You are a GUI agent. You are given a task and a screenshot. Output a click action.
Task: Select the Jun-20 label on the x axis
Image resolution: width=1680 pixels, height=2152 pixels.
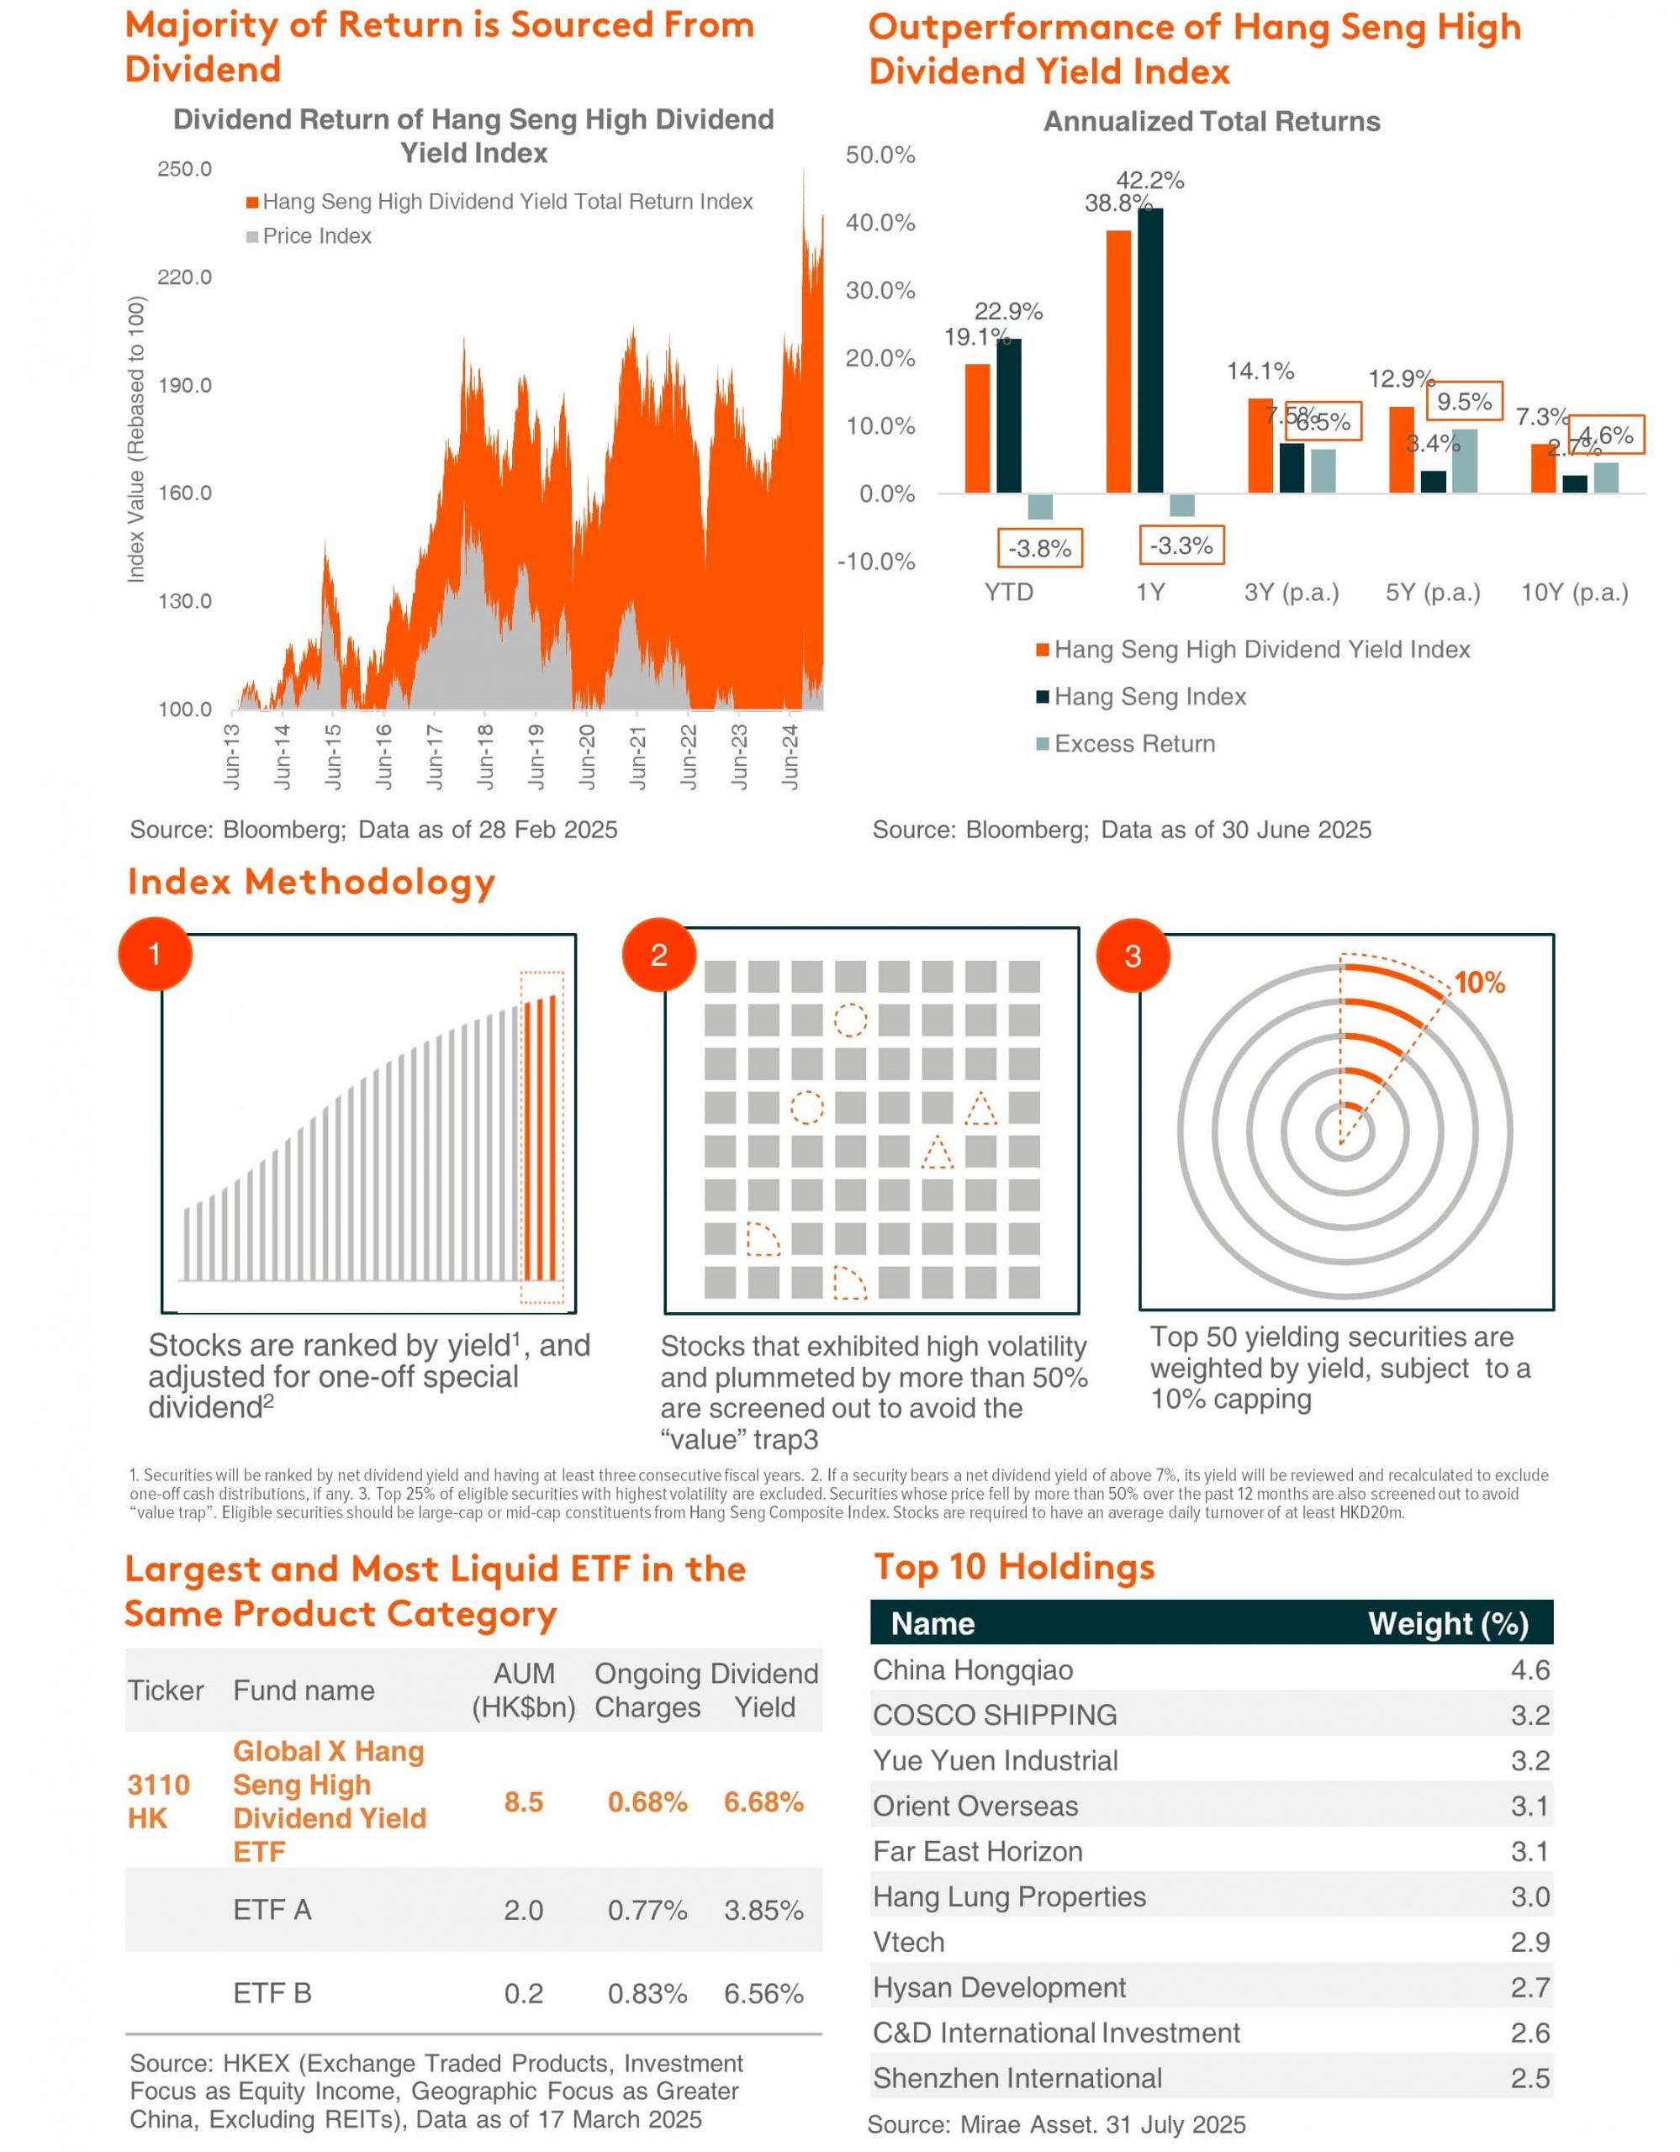click(587, 757)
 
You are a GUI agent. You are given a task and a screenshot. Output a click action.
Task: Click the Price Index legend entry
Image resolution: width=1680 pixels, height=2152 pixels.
click(309, 236)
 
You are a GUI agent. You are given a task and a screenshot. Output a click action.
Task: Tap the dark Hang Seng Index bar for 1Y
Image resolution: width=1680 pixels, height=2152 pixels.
click(1150, 350)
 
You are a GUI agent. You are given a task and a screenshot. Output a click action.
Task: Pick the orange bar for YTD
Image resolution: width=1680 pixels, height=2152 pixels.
click(976, 429)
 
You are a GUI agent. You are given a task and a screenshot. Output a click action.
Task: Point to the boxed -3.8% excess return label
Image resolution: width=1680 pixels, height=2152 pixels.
click(1039, 549)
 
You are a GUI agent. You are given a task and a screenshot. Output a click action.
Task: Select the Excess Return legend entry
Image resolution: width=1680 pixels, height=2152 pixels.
click(1125, 744)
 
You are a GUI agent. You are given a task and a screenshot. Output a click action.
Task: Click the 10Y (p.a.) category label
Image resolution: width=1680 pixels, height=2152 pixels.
click(1575, 592)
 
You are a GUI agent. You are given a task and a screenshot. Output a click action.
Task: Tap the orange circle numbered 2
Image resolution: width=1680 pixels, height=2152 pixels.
click(659, 954)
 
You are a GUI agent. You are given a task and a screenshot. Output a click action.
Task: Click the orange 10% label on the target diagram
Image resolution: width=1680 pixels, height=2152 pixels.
click(1480, 983)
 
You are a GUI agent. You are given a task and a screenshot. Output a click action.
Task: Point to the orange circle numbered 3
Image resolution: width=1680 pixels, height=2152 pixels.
click(1133, 955)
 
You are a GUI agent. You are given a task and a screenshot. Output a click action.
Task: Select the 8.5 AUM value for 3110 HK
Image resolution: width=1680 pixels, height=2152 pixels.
click(523, 1802)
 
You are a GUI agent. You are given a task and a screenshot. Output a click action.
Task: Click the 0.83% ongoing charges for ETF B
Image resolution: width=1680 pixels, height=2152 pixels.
click(647, 1993)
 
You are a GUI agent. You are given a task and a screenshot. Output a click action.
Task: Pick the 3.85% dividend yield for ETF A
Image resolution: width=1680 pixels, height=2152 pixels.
click(763, 1911)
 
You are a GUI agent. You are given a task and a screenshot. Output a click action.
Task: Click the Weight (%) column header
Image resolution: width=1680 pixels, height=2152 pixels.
click(1449, 1624)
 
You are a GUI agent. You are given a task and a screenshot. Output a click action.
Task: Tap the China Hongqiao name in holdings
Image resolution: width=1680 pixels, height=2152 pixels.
click(973, 1670)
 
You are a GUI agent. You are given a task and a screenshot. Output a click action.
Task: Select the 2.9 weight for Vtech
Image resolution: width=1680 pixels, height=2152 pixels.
click(1530, 1942)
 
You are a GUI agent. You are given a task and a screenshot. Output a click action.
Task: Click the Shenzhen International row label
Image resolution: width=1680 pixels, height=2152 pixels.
click(1017, 2078)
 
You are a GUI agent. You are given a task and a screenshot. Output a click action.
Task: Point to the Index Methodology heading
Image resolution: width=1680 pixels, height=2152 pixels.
click(311, 882)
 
